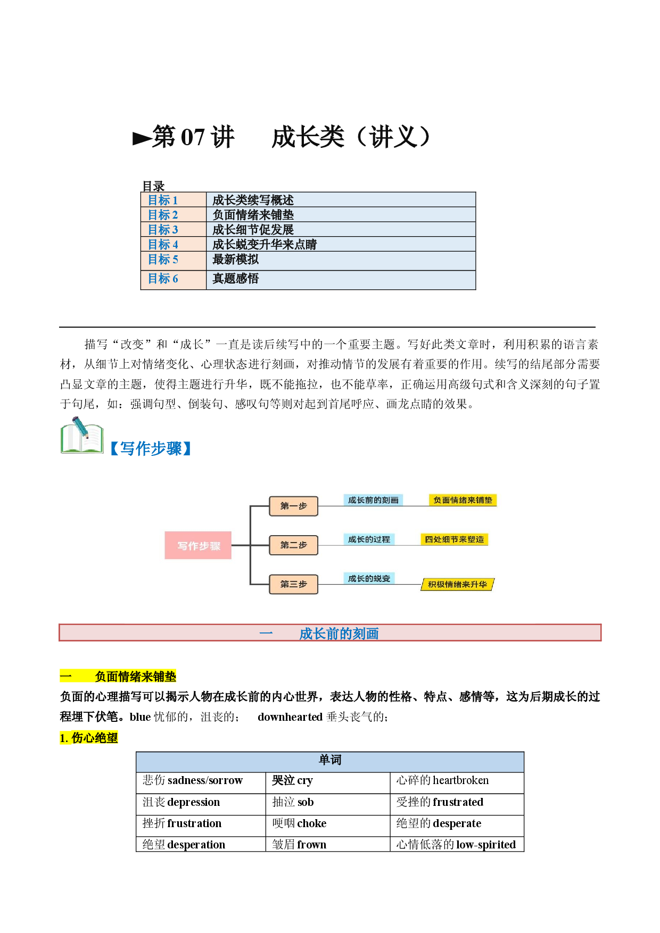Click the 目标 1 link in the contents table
point(163,200)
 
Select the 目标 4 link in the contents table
point(163,244)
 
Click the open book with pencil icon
point(82,436)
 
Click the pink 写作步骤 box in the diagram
point(198,545)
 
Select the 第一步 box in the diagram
point(293,506)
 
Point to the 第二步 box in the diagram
point(293,545)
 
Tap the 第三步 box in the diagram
point(293,584)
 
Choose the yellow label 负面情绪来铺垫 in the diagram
point(463,500)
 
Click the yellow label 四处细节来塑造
point(454,539)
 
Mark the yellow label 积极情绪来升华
point(458,585)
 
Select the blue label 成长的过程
point(369,539)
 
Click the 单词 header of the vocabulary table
point(330,760)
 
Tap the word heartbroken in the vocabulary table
point(461,780)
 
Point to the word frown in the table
point(312,845)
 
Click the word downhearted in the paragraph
point(290,717)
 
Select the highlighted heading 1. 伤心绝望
point(89,738)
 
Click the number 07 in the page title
point(193,138)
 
